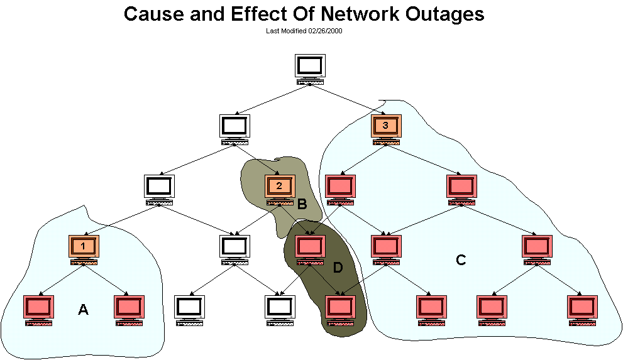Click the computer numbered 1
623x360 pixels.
(84, 247)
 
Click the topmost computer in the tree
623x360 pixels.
(311, 69)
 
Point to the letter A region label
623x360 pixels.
(83, 309)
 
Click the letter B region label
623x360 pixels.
(302, 204)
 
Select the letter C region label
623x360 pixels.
(461, 260)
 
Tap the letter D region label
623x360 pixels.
(338, 268)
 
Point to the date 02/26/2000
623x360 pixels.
(325, 30)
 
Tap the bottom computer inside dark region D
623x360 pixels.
(340, 308)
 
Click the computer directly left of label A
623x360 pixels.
(38, 308)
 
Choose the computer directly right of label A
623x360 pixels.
(129, 308)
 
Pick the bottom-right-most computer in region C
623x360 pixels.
(583, 308)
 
